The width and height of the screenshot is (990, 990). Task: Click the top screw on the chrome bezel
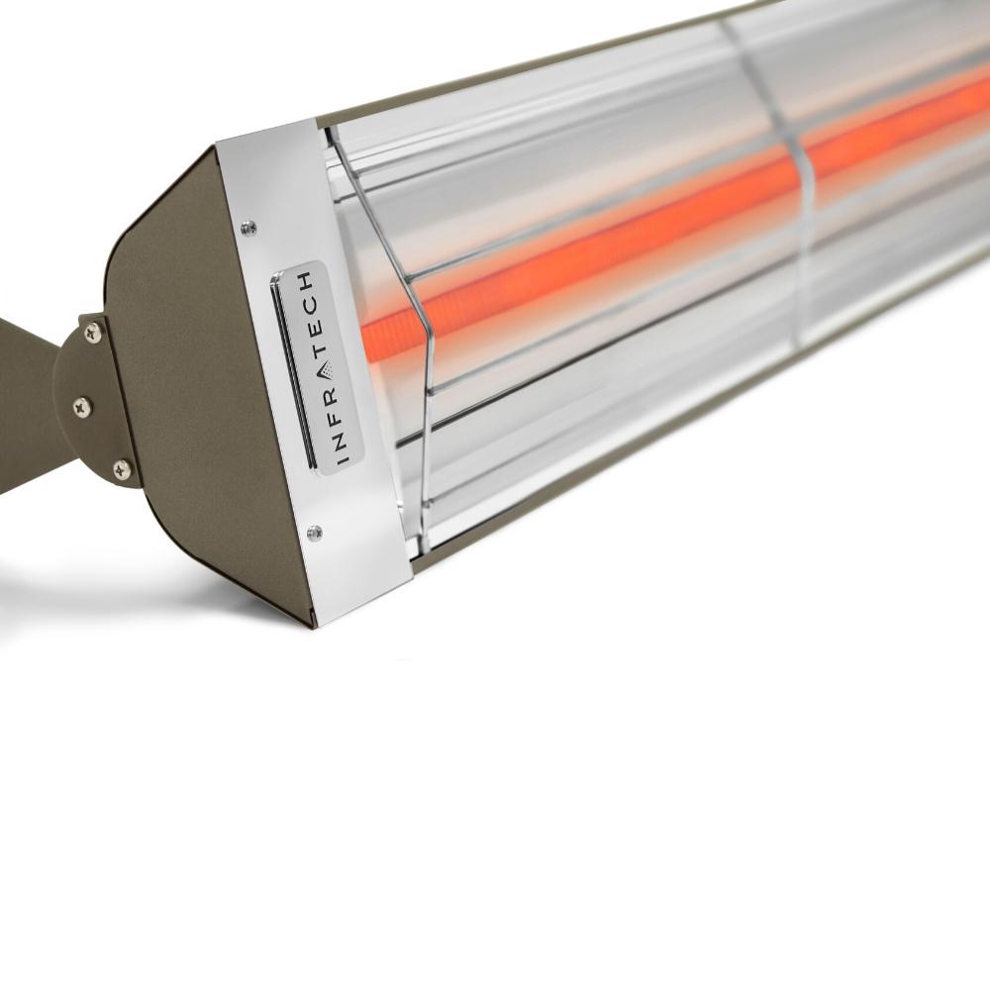coord(249,229)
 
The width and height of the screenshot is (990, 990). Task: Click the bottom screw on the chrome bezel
coord(315,533)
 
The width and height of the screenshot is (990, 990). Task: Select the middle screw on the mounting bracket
coord(82,404)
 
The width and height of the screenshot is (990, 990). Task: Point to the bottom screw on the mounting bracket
coord(121,469)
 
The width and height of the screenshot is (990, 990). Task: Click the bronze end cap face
coord(198,396)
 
